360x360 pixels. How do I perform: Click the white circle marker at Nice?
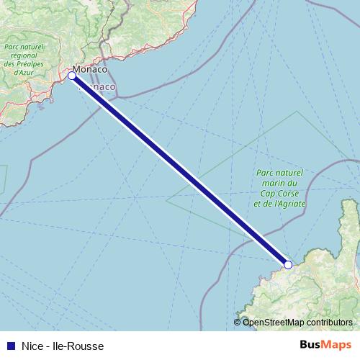[x=72, y=75]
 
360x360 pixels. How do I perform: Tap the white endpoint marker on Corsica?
[x=287, y=265]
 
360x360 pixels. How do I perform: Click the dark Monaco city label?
[x=91, y=70]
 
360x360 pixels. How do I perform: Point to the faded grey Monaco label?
[x=102, y=86]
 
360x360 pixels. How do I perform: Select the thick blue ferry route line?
[x=180, y=170]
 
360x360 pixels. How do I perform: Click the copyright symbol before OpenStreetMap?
[x=238, y=323]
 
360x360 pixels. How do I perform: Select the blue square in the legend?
[x=9, y=346]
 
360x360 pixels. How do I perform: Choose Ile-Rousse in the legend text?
[x=80, y=346]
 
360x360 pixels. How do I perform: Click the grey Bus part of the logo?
[x=312, y=346]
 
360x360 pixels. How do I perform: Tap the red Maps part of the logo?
[x=337, y=346]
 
